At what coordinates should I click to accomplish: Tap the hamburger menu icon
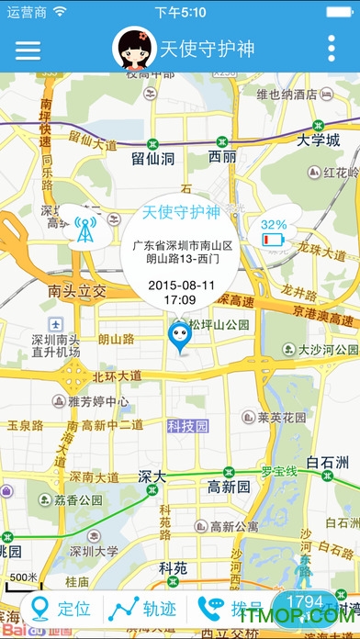pyautogui.click(x=28, y=49)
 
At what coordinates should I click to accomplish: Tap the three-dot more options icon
pyautogui.click(x=332, y=49)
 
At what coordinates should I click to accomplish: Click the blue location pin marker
pyautogui.click(x=179, y=338)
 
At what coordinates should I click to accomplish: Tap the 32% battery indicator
pyautogui.click(x=274, y=233)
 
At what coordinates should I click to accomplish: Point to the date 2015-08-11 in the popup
pyautogui.click(x=181, y=285)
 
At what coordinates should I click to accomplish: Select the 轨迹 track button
pyautogui.click(x=144, y=608)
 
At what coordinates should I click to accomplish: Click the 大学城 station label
pyautogui.click(x=319, y=140)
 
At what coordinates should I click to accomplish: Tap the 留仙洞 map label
pyautogui.click(x=152, y=159)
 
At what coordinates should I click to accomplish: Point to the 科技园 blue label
pyautogui.click(x=188, y=427)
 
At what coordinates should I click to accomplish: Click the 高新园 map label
pyautogui.click(x=229, y=486)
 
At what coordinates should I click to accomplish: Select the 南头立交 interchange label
pyautogui.click(x=78, y=291)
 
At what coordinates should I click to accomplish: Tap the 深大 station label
pyautogui.click(x=152, y=476)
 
